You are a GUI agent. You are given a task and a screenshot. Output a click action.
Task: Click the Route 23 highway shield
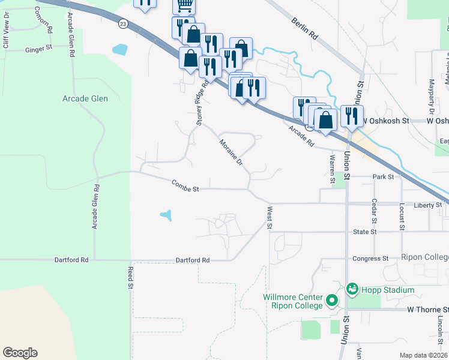click(123, 23)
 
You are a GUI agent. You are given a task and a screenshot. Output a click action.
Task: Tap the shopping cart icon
click(184, 5)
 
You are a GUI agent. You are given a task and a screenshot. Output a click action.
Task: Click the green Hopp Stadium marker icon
click(352, 289)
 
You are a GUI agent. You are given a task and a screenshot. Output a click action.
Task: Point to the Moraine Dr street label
click(230, 152)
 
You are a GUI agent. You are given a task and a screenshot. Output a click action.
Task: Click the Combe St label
click(184, 186)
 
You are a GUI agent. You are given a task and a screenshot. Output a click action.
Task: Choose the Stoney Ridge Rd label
click(202, 103)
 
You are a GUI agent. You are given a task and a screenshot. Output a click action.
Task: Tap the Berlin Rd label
click(304, 28)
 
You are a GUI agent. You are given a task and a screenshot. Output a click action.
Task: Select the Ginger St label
click(40, 50)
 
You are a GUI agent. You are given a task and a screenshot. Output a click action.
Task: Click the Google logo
click(20, 353)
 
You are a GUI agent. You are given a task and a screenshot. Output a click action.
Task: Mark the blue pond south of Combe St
click(166, 214)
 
